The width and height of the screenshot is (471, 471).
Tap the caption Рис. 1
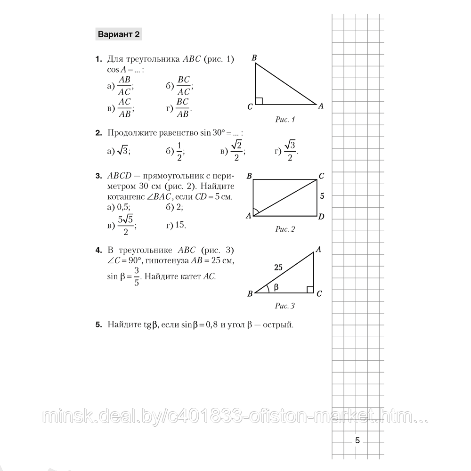[x=284, y=120]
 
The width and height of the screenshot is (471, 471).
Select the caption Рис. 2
[x=284, y=229]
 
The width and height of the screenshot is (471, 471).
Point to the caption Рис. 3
[x=284, y=306]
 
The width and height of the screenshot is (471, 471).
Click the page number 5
[x=357, y=441]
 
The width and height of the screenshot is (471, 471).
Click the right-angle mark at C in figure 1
[x=259, y=101]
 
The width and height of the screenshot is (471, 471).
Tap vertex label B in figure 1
[x=254, y=58]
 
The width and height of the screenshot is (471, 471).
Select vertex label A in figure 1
[x=321, y=106]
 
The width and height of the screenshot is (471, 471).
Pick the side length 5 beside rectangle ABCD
[x=322, y=195]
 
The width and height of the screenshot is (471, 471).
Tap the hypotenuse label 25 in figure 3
[x=278, y=268]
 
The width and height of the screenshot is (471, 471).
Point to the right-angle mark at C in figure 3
[x=310, y=289]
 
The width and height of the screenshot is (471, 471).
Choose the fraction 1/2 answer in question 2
[x=179, y=151]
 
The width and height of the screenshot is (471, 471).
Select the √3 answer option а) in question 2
[x=122, y=151]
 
